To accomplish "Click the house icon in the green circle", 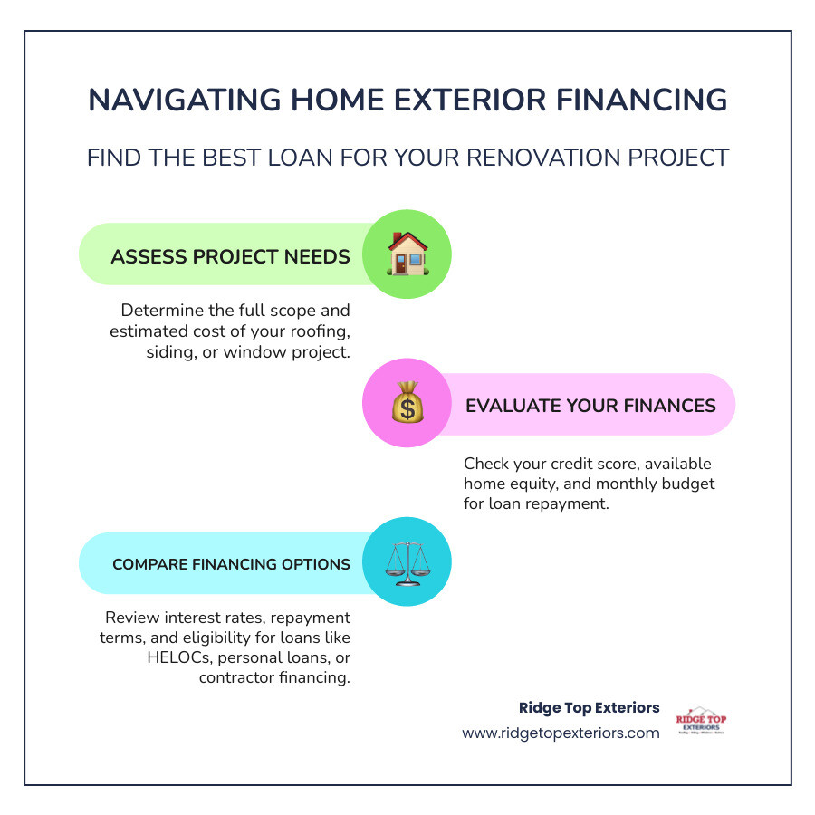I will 407,254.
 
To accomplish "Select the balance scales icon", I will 407,562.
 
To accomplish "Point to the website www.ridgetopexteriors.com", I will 561,733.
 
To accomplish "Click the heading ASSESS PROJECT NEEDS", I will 230,256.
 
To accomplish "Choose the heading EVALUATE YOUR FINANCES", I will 590,405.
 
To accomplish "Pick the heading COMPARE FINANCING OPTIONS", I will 231,564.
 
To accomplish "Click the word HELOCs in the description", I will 178,657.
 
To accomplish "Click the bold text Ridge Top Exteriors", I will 589,707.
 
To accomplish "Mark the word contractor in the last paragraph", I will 237,677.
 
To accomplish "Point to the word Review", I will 132,618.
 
